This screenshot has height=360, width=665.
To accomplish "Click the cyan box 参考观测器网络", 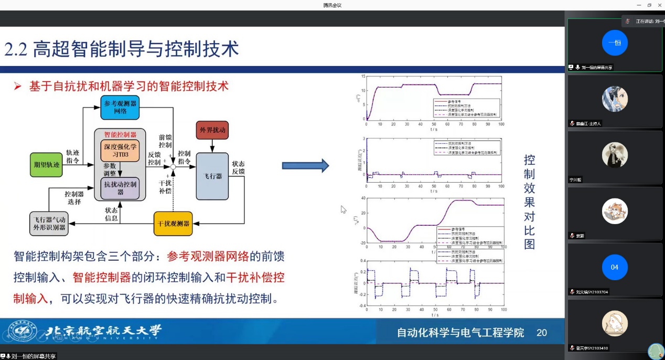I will click(x=120, y=108).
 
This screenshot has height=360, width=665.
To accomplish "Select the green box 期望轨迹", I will click(x=47, y=164).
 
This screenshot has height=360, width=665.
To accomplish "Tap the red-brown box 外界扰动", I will click(x=212, y=130).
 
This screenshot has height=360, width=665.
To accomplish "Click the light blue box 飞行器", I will click(x=212, y=176).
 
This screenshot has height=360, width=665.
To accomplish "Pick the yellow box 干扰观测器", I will click(x=173, y=224).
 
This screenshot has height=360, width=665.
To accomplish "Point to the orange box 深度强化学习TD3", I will click(x=120, y=152).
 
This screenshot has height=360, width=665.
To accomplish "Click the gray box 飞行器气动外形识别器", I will click(x=49, y=224).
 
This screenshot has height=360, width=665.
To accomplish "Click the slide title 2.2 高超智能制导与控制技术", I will click(x=122, y=49).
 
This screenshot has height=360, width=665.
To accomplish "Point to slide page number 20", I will click(x=542, y=332).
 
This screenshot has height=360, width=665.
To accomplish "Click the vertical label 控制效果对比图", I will click(x=529, y=202).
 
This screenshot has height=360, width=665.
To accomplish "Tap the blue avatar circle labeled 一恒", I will click(x=615, y=43).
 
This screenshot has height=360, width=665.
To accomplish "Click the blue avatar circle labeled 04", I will click(x=615, y=267).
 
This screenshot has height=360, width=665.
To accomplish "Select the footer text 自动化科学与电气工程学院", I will click(x=460, y=332).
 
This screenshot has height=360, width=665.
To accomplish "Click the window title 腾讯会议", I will click(x=332, y=5).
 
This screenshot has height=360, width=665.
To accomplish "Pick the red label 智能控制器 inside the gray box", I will click(x=120, y=134).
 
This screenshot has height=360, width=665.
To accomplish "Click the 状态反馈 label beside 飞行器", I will click(x=238, y=168).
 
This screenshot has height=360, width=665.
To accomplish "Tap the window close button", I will click(x=659, y=5).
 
